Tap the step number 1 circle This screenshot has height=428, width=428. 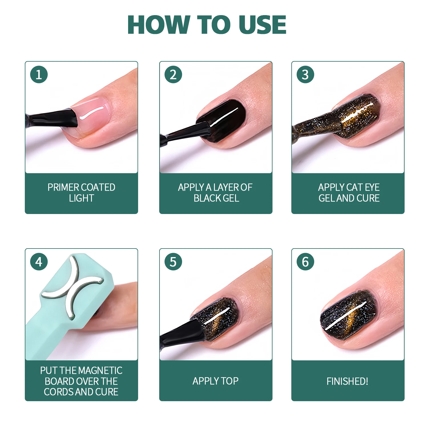pyautogui.click(x=39, y=75)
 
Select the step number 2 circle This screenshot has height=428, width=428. pyautogui.click(x=173, y=75)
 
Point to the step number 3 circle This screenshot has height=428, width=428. pyautogui.click(x=305, y=75)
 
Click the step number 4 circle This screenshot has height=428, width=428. pyautogui.click(x=39, y=262)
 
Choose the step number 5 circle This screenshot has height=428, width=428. pyautogui.click(x=173, y=262)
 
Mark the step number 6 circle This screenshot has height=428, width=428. pyautogui.click(x=305, y=262)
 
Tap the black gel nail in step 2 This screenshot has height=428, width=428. pyautogui.click(x=225, y=120)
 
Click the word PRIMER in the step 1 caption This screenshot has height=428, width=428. pyautogui.click(x=61, y=187)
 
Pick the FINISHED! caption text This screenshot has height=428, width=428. pyautogui.click(x=347, y=381)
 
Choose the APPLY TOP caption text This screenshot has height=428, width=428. pyautogui.click(x=215, y=381)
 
